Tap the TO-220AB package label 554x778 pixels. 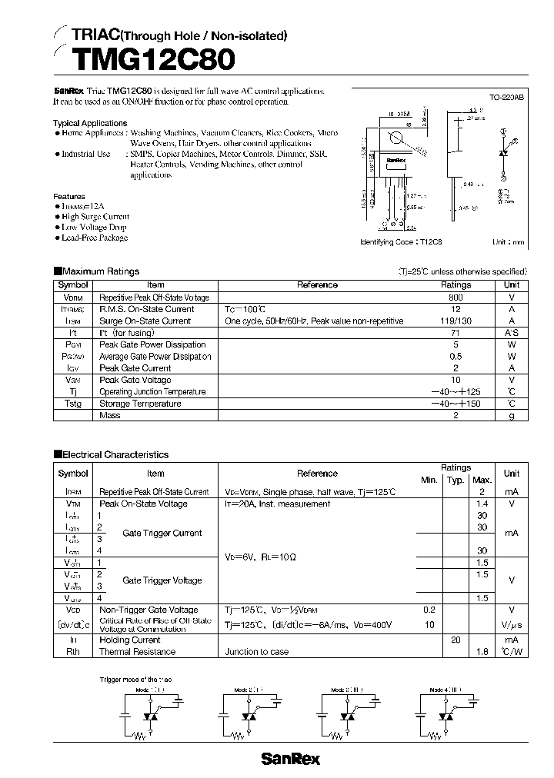[x=506, y=98]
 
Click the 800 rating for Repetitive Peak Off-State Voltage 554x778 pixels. [x=455, y=298]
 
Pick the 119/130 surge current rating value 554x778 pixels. [x=455, y=321]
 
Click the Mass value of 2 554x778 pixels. [x=455, y=416]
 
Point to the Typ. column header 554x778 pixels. [x=456, y=480]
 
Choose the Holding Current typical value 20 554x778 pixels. [x=456, y=640]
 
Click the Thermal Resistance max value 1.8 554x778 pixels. [x=482, y=652]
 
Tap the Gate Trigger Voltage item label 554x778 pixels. [x=162, y=580]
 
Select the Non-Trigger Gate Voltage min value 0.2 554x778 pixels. [x=429, y=609]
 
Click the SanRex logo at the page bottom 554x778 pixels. [x=290, y=759]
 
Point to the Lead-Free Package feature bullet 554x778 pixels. [x=94, y=238]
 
